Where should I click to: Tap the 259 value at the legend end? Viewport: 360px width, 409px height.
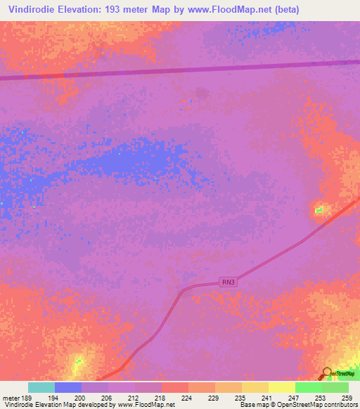[347, 397]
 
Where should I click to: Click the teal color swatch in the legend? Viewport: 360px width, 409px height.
[41, 387]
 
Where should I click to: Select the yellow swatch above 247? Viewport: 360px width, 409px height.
[282, 387]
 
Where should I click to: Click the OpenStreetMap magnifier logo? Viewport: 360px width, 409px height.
[326, 373]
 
